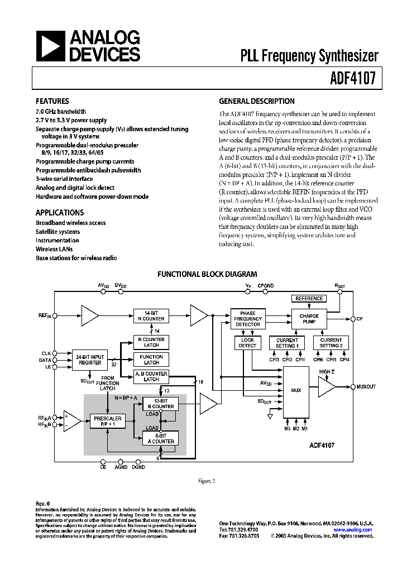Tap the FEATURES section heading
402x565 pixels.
(x=52, y=102)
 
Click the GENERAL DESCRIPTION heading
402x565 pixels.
(x=256, y=102)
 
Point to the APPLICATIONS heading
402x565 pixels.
(x=60, y=213)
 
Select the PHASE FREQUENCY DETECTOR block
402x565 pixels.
(x=247, y=319)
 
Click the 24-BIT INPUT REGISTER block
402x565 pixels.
(x=90, y=360)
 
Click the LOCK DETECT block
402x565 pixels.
(x=247, y=343)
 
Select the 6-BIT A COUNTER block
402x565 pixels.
(x=160, y=438)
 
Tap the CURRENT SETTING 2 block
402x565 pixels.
(x=331, y=343)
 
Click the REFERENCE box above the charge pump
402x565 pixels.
(x=309, y=299)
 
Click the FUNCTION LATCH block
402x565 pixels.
(x=151, y=360)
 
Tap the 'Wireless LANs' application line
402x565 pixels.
(x=54, y=250)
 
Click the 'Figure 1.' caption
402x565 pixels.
(x=207, y=481)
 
